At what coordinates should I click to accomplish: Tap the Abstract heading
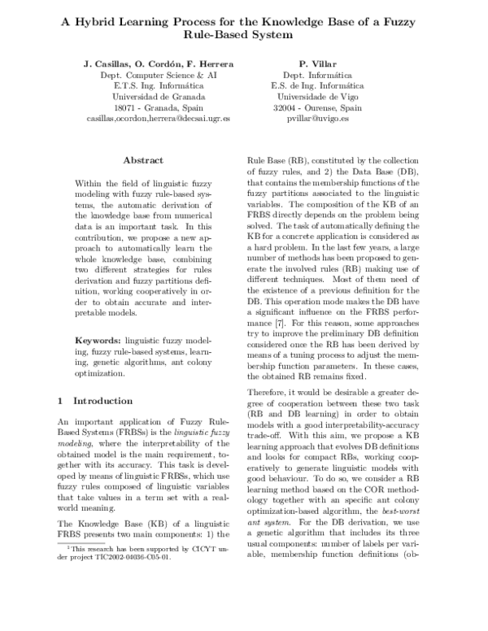coord(142,160)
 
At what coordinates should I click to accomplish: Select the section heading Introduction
coord(102,401)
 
